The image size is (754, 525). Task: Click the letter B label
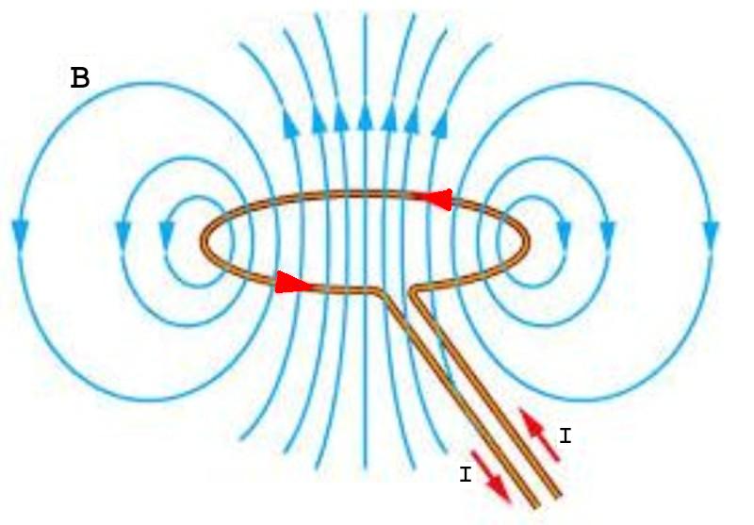pyautogui.click(x=80, y=78)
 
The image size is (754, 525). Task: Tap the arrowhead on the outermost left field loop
pyautogui.click(x=19, y=229)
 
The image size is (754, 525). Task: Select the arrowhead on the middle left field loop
pyautogui.click(x=123, y=230)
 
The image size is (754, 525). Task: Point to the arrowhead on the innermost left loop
pyautogui.click(x=168, y=229)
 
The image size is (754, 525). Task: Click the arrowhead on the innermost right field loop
pyautogui.click(x=564, y=229)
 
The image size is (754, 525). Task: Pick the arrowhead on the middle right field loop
pyautogui.click(x=608, y=230)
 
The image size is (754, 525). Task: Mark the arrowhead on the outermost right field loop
pyautogui.click(x=711, y=230)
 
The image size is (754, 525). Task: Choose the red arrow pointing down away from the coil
pyautogui.click(x=491, y=476)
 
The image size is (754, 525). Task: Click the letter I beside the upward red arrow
pyautogui.click(x=565, y=435)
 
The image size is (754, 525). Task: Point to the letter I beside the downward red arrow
pyautogui.click(x=465, y=476)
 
